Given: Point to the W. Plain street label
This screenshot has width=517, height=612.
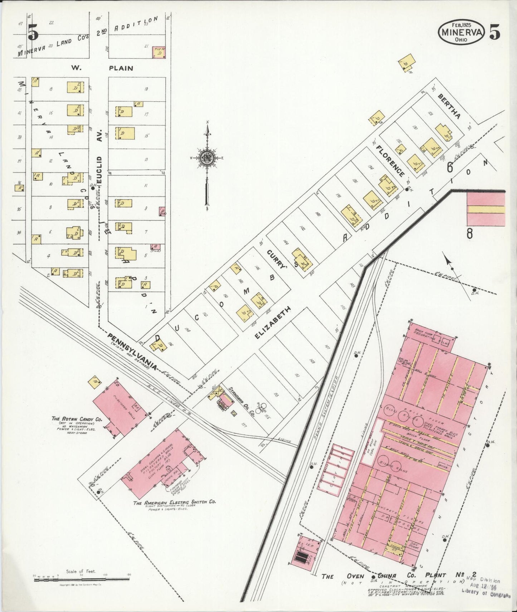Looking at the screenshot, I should [x=102, y=68].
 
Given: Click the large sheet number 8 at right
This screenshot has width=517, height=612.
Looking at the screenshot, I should [x=469, y=233].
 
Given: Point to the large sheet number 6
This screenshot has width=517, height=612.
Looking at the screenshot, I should [x=450, y=167].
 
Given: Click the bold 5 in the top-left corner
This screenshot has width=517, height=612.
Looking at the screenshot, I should [x=33, y=33].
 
